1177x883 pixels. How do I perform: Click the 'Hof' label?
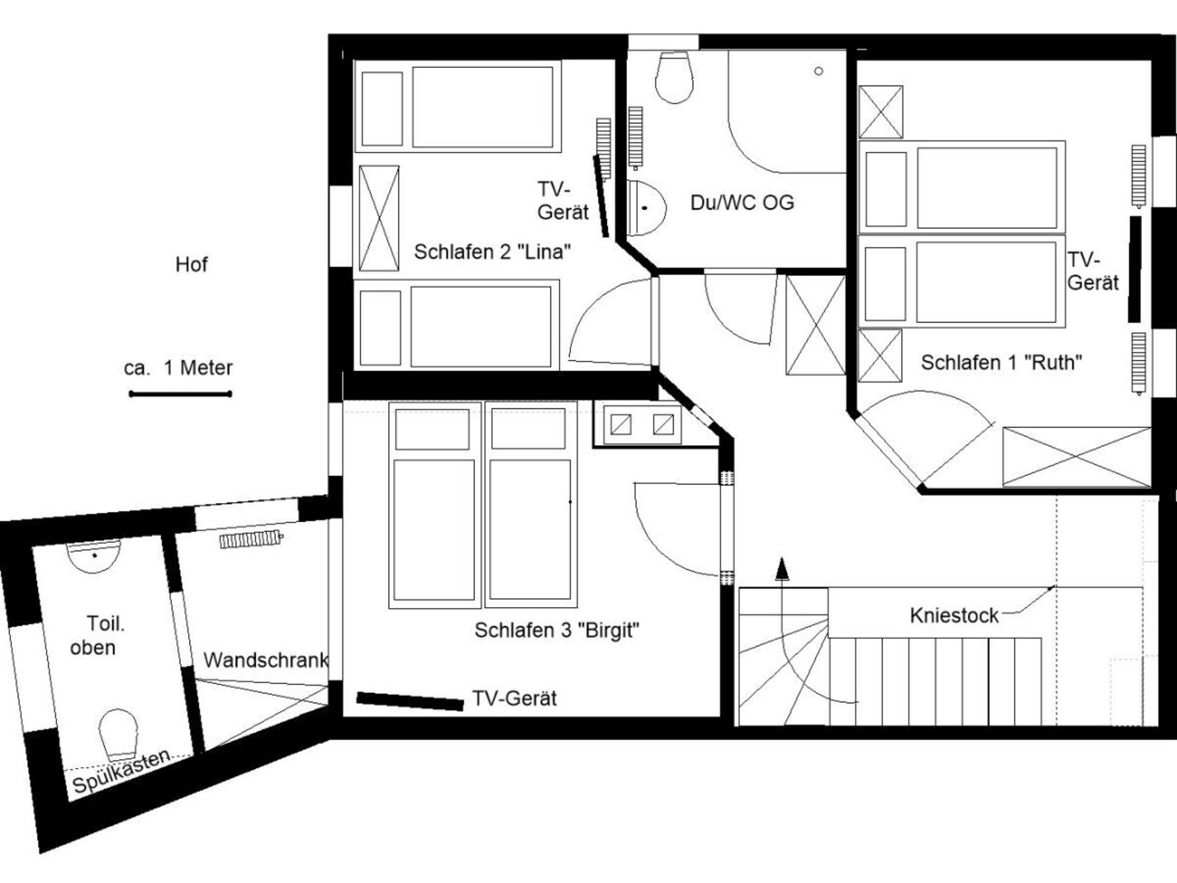[x=191, y=264]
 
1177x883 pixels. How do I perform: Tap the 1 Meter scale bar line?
[x=180, y=394]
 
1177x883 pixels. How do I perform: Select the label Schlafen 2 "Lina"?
[x=492, y=251]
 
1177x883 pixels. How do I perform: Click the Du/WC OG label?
[x=742, y=202]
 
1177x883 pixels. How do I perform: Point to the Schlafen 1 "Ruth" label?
[x=1001, y=362]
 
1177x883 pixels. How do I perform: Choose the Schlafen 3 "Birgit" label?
[x=557, y=630]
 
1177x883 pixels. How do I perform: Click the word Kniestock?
[x=954, y=615]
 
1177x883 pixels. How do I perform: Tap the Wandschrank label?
[x=266, y=660]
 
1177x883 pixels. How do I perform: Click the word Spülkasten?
[x=121, y=770]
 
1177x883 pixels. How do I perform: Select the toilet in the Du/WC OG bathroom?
[x=674, y=77]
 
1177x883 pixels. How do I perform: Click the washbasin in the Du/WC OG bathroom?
[x=646, y=208]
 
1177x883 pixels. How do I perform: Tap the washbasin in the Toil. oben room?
[x=94, y=556]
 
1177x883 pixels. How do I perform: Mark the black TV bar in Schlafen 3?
[x=410, y=701]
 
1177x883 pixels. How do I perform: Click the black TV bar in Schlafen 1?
[x=1135, y=269]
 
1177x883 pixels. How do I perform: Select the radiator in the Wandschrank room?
[x=251, y=540]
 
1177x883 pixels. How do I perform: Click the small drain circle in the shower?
[x=818, y=71]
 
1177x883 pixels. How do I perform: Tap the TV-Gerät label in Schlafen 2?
[x=563, y=201]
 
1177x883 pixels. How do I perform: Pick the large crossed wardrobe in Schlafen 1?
[x=1076, y=457]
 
